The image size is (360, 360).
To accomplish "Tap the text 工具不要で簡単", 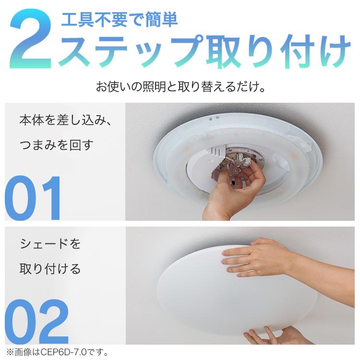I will pyautogui.click(x=119, y=20).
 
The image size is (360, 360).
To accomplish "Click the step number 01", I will pyautogui.click(x=34, y=198).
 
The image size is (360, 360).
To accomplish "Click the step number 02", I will pyautogui.click(x=36, y=321).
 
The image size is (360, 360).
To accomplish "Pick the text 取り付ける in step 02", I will pyautogui.click(x=50, y=269).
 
